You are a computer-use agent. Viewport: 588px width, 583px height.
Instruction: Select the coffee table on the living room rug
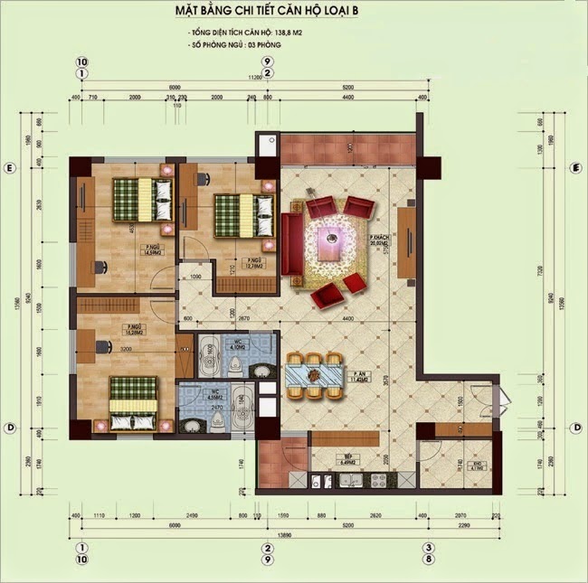point(331,240)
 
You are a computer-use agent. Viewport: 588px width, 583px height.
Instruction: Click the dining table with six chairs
point(313,371)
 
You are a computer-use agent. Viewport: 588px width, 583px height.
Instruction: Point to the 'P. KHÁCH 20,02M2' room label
point(377,240)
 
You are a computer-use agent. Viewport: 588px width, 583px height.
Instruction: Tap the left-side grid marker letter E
point(9,169)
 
